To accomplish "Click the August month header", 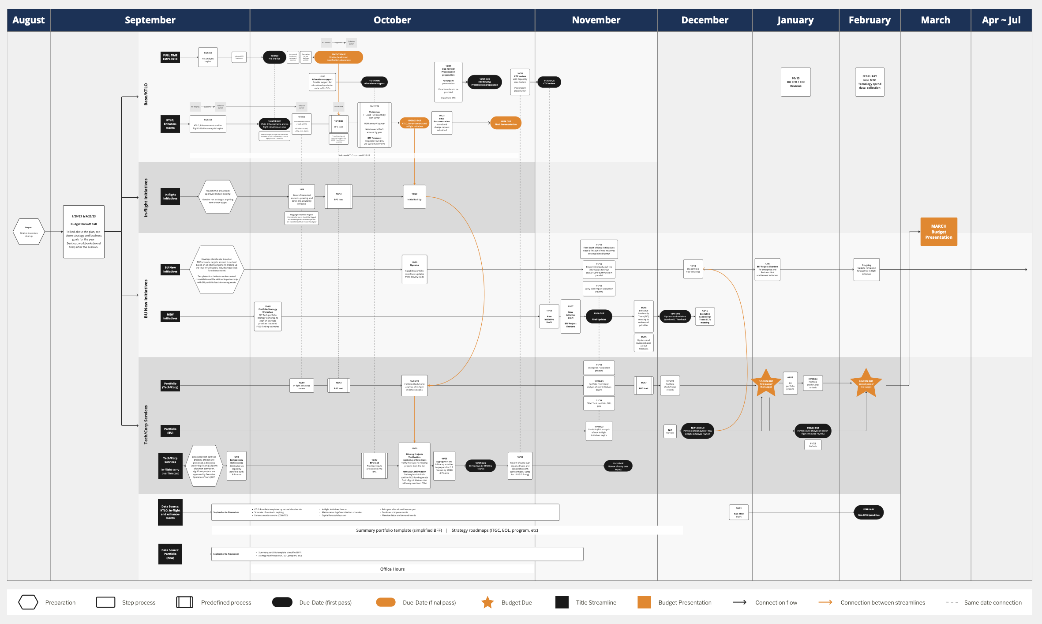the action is pos(29,20).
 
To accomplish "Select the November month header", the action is pos(596,20).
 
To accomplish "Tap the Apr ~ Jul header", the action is pos(1001,20).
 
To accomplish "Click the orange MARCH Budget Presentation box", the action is pos(938,232).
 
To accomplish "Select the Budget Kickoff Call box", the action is pos(84,231).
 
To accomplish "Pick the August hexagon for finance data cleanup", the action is pos(29,232).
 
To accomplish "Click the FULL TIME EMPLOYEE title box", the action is pos(170,57).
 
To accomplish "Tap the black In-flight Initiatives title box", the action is pos(170,196).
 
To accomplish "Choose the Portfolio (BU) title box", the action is pos(170,431).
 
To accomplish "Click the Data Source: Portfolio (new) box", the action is pos(170,554).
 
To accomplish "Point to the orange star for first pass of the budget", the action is pos(766,383).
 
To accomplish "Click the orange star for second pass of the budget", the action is pos(866,383).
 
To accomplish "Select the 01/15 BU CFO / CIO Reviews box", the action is pos(795,82).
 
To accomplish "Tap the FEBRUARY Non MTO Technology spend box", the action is pos(870,82).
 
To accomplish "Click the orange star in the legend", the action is pos(487,602).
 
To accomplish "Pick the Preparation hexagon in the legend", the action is pos(28,602).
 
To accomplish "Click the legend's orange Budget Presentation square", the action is pos(644,602).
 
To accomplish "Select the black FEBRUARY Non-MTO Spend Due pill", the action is pos(869,512).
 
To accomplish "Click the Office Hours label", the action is pos(392,569).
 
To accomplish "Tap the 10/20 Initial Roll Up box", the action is pos(414,197).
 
